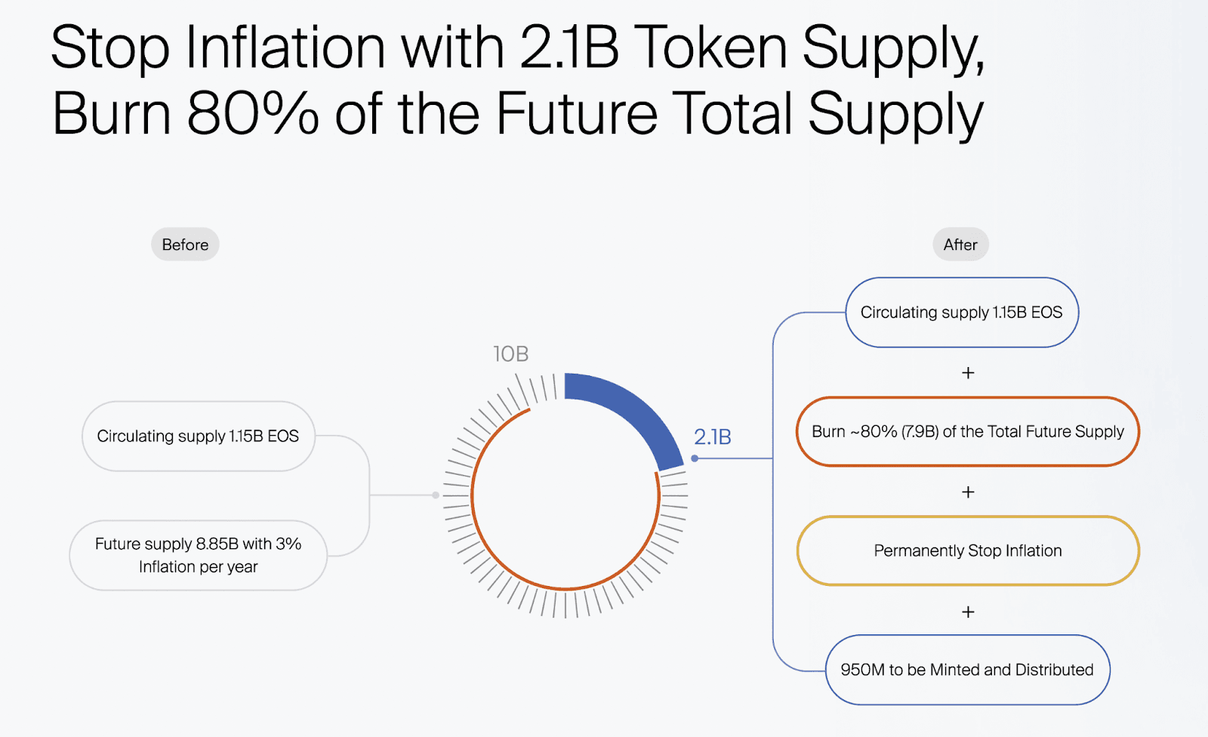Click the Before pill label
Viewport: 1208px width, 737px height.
pyautogui.click(x=185, y=245)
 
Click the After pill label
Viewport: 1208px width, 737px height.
pyautogui.click(x=960, y=245)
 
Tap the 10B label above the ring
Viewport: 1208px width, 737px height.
pyautogui.click(x=510, y=354)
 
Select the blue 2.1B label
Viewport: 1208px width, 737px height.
pyautogui.click(x=713, y=437)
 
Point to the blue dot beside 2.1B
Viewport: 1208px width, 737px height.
pyautogui.click(x=695, y=458)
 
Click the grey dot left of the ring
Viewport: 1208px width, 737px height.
pyautogui.click(x=436, y=495)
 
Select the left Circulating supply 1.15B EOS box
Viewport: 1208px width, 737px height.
pyautogui.click(x=199, y=436)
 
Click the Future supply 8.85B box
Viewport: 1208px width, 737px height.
pyautogui.click(x=199, y=555)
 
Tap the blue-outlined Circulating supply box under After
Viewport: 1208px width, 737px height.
pyautogui.click(x=962, y=313)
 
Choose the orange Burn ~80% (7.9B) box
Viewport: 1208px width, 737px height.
pyautogui.click(x=968, y=432)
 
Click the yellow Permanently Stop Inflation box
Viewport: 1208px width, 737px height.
pyautogui.click(x=968, y=550)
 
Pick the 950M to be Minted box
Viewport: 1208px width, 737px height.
pyautogui.click(x=967, y=670)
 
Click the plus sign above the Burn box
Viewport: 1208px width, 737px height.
pyautogui.click(x=968, y=373)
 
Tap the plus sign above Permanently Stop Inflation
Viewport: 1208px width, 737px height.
pyautogui.click(x=968, y=492)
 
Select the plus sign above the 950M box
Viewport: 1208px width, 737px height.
pyautogui.click(x=968, y=612)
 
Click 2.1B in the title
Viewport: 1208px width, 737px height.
pyautogui.click(x=569, y=48)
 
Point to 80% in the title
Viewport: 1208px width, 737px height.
pyautogui.click(x=253, y=113)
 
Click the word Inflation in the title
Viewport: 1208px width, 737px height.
pyautogui.click(x=286, y=48)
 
